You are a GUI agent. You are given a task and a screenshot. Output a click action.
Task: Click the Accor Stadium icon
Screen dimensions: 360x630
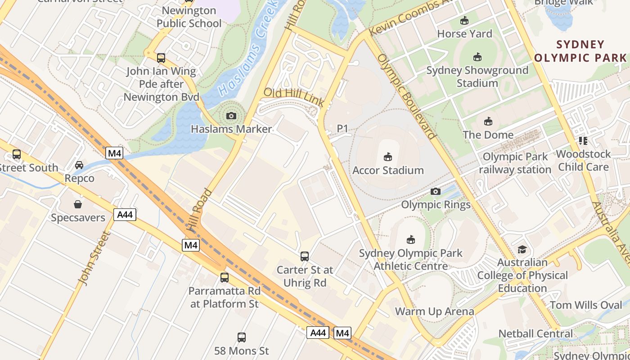pyautogui.click(x=387, y=157)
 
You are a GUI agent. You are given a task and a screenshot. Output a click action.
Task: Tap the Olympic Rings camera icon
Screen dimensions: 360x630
pyautogui.click(x=435, y=192)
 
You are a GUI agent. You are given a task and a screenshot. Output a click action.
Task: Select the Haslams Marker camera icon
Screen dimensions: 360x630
pyautogui.click(x=231, y=116)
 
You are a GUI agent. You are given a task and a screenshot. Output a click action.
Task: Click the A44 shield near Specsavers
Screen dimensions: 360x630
pyautogui.click(x=125, y=215)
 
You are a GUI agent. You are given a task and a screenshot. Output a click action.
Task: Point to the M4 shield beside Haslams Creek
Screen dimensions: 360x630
pyautogui.click(x=114, y=153)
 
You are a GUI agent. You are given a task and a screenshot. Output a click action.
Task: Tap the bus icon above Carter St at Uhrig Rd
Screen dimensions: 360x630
pyautogui.click(x=305, y=256)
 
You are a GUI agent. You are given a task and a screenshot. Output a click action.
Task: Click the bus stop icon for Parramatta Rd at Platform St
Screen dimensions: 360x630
pyautogui.click(x=224, y=278)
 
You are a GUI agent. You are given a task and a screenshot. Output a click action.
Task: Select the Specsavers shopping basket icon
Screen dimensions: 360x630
pyautogui.click(x=78, y=204)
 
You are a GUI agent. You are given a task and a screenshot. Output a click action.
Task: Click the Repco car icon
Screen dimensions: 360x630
pyautogui.click(x=79, y=165)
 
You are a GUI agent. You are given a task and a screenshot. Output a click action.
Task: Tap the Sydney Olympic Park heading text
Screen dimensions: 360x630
pyautogui.click(x=580, y=51)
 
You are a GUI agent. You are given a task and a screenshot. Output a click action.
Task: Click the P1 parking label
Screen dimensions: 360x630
pyautogui.click(x=342, y=129)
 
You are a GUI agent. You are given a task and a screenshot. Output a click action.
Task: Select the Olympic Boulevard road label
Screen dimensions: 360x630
pyautogui.click(x=407, y=96)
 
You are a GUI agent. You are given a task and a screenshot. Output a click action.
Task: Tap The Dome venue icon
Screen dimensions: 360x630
pyautogui.click(x=488, y=121)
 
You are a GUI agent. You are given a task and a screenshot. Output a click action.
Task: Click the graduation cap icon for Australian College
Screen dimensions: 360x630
pyautogui.click(x=522, y=249)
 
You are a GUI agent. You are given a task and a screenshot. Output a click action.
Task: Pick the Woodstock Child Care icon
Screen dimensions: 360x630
pyautogui.click(x=583, y=141)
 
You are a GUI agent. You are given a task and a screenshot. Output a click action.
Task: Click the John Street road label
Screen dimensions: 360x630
pyautogui.click(x=94, y=258)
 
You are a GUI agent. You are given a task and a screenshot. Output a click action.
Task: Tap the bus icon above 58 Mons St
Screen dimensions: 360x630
pyautogui.click(x=241, y=337)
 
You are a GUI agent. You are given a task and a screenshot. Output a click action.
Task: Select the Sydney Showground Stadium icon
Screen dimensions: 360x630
pyautogui.click(x=477, y=57)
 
